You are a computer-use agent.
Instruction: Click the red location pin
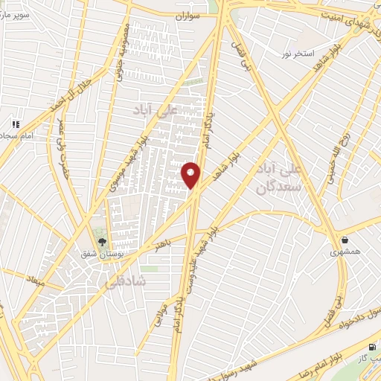tap(191, 174)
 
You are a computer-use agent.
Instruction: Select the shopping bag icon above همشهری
tap(345, 240)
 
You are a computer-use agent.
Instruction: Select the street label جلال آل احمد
tap(73, 94)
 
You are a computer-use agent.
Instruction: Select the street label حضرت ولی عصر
tap(57, 142)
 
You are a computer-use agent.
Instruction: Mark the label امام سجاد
tap(16, 137)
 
